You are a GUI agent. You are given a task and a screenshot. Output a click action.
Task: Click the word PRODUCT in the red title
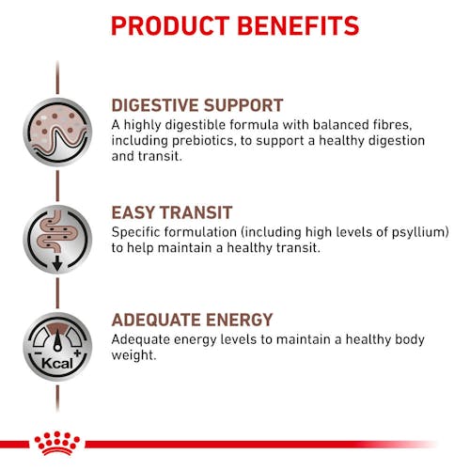tap(171, 25)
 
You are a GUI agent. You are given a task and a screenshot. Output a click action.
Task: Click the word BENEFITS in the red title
tap(298, 25)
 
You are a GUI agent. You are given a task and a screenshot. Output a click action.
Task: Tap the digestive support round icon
tap(57, 132)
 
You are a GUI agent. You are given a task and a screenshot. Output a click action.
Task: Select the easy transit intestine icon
tap(57, 240)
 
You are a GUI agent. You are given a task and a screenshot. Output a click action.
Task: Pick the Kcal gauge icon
tap(57, 347)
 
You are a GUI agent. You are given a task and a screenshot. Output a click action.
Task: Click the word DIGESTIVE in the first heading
tap(155, 105)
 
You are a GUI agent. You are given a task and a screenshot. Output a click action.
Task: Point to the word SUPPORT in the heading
tap(243, 105)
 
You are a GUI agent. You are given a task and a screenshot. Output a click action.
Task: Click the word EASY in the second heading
tap(133, 212)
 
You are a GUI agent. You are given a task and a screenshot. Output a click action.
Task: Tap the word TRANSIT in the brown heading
tap(196, 212)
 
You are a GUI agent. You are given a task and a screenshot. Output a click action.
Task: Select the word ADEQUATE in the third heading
tap(156, 320)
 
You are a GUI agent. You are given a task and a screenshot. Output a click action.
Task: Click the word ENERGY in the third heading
tap(240, 320)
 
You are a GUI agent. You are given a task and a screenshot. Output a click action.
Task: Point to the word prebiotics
tap(204, 141)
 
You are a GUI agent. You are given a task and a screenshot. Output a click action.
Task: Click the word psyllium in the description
tap(420, 233)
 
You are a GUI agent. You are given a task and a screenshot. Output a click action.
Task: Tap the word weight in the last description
tap(133, 355)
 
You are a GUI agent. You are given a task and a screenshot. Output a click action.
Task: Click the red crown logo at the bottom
tap(57, 443)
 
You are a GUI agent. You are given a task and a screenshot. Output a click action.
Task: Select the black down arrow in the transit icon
tap(57, 263)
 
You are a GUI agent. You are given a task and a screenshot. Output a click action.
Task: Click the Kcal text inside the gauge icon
tap(57, 364)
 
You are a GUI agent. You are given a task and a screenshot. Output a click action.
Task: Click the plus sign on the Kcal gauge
tap(77, 353)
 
